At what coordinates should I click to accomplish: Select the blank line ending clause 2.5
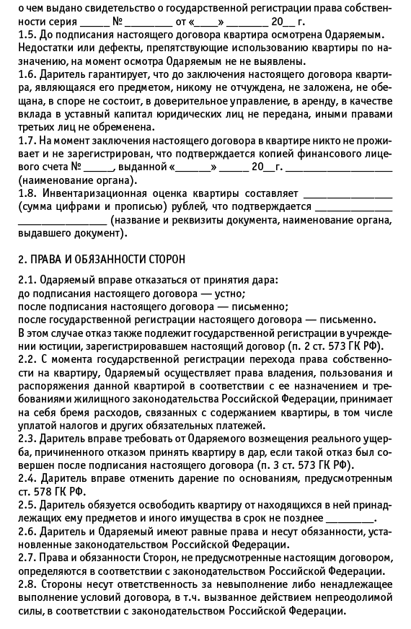(x=354, y=519)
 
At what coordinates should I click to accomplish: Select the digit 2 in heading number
(x=20, y=258)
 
